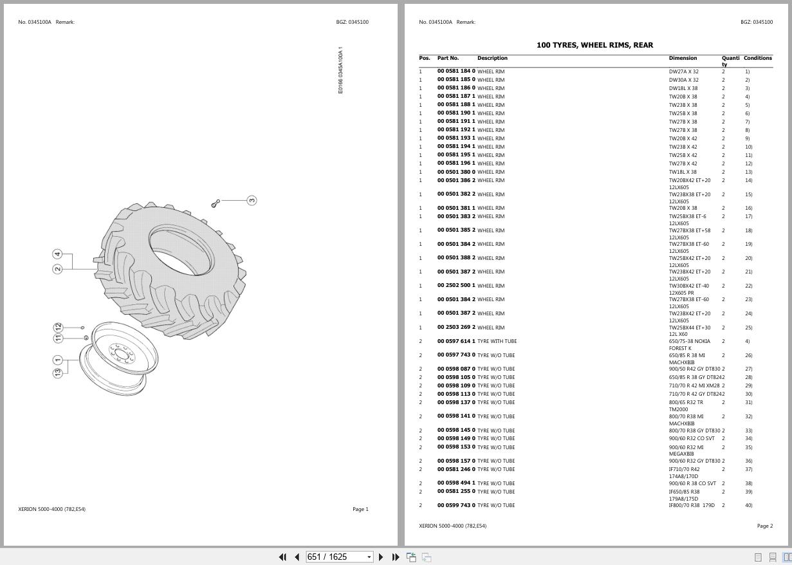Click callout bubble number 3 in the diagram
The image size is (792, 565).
click(x=252, y=201)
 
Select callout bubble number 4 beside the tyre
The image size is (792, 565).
click(x=57, y=254)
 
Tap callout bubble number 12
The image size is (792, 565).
click(x=58, y=328)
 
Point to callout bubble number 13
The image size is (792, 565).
click(x=58, y=373)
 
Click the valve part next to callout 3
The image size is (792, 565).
click(x=216, y=203)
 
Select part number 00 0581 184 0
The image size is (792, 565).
click(x=456, y=71)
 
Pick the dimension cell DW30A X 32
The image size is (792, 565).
click(x=683, y=80)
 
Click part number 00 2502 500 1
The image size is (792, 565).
click(x=456, y=285)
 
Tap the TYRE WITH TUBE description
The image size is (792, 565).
click(x=497, y=341)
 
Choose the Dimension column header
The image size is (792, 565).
click(x=683, y=58)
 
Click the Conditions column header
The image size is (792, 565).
click(x=758, y=58)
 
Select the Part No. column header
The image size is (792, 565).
click(x=448, y=58)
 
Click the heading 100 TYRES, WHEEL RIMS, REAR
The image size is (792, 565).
click(x=594, y=45)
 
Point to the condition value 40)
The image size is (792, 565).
click(x=748, y=505)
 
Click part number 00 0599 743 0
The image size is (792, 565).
click(x=456, y=505)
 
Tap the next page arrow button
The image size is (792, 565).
click(x=381, y=557)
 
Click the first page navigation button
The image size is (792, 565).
click(x=282, y=557)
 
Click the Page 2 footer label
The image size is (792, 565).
click(x=765, y=526)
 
